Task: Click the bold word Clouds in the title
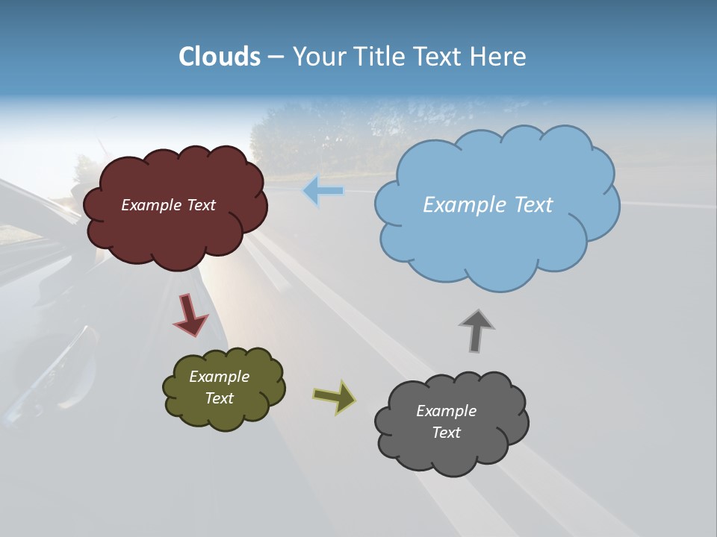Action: click(x=220, y=57)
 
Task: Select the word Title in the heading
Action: click(x=379, y=57)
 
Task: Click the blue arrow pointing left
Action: click(x=323, y=191)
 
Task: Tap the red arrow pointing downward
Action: click(x=190, y=314)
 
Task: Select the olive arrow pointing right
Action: click(x=334, y=396)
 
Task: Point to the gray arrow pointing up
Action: click(x=477, y=330)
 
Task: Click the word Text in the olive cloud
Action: click(x=220, y=398)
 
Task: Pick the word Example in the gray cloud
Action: click(x=446, y=411)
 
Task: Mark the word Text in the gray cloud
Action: click(x=446, y=433)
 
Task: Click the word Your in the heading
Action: click(x=317, y=57)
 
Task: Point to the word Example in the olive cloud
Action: click(x=220, y=377)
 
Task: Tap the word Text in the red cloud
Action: click(x=201, y=205)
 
